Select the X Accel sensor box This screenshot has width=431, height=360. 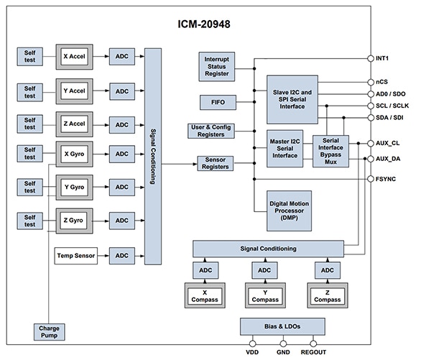coord(75,56)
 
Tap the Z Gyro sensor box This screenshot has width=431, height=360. coord(75,220)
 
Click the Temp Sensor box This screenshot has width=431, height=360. coord(75,254)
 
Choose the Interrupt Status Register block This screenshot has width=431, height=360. coord(217,65)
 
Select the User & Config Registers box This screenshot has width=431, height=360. coord(211,131)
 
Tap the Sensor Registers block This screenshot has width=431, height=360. coord(216,163)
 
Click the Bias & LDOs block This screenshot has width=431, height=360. coord(282,326)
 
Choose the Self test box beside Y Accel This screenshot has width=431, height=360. coord(29,91)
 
